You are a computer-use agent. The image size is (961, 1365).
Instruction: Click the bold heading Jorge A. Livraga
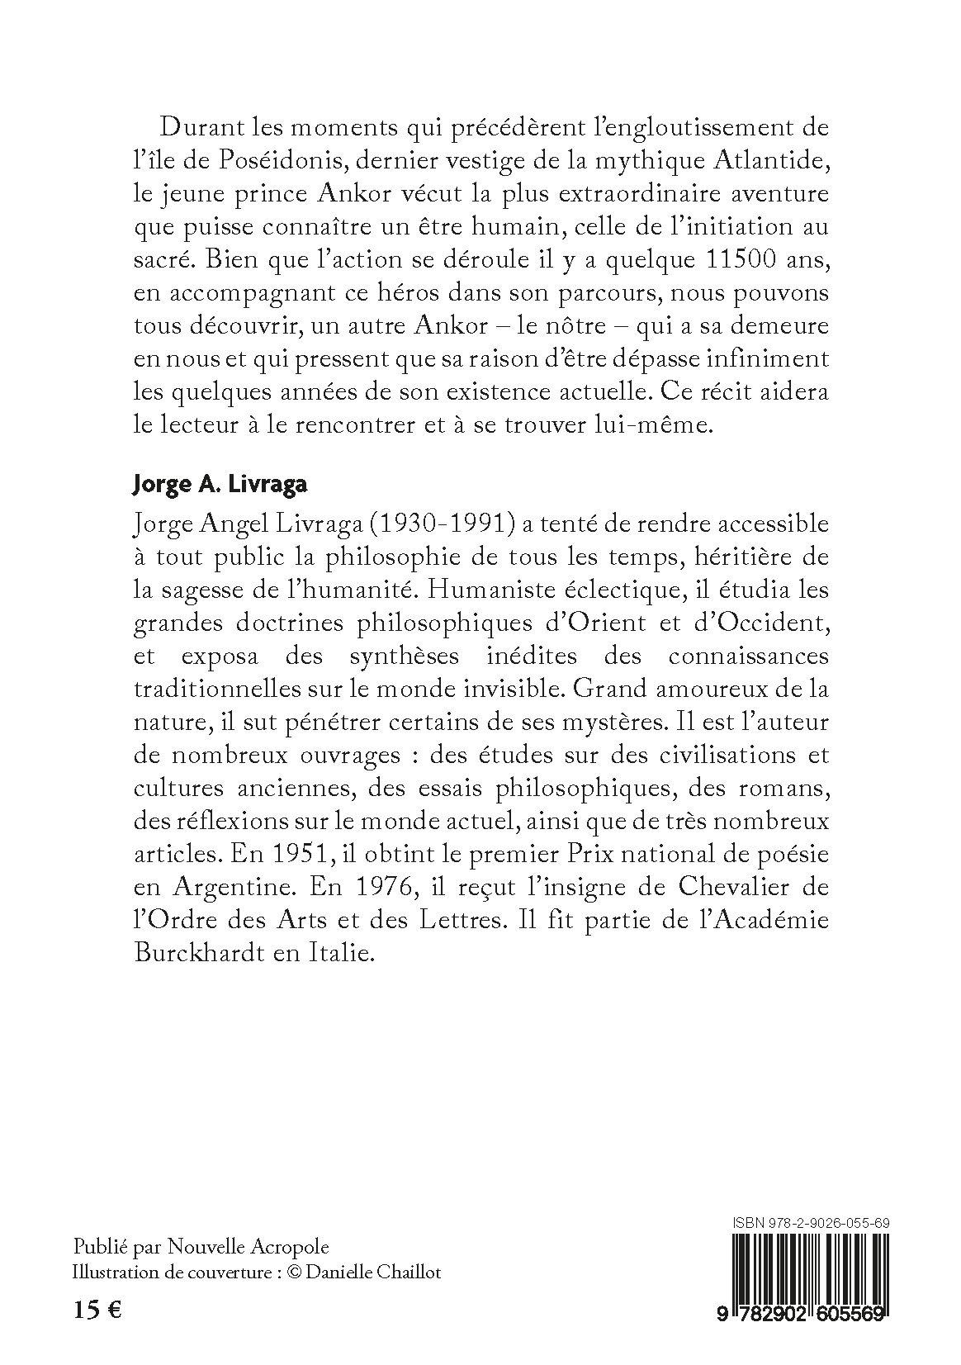click(x=220, y=485)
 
